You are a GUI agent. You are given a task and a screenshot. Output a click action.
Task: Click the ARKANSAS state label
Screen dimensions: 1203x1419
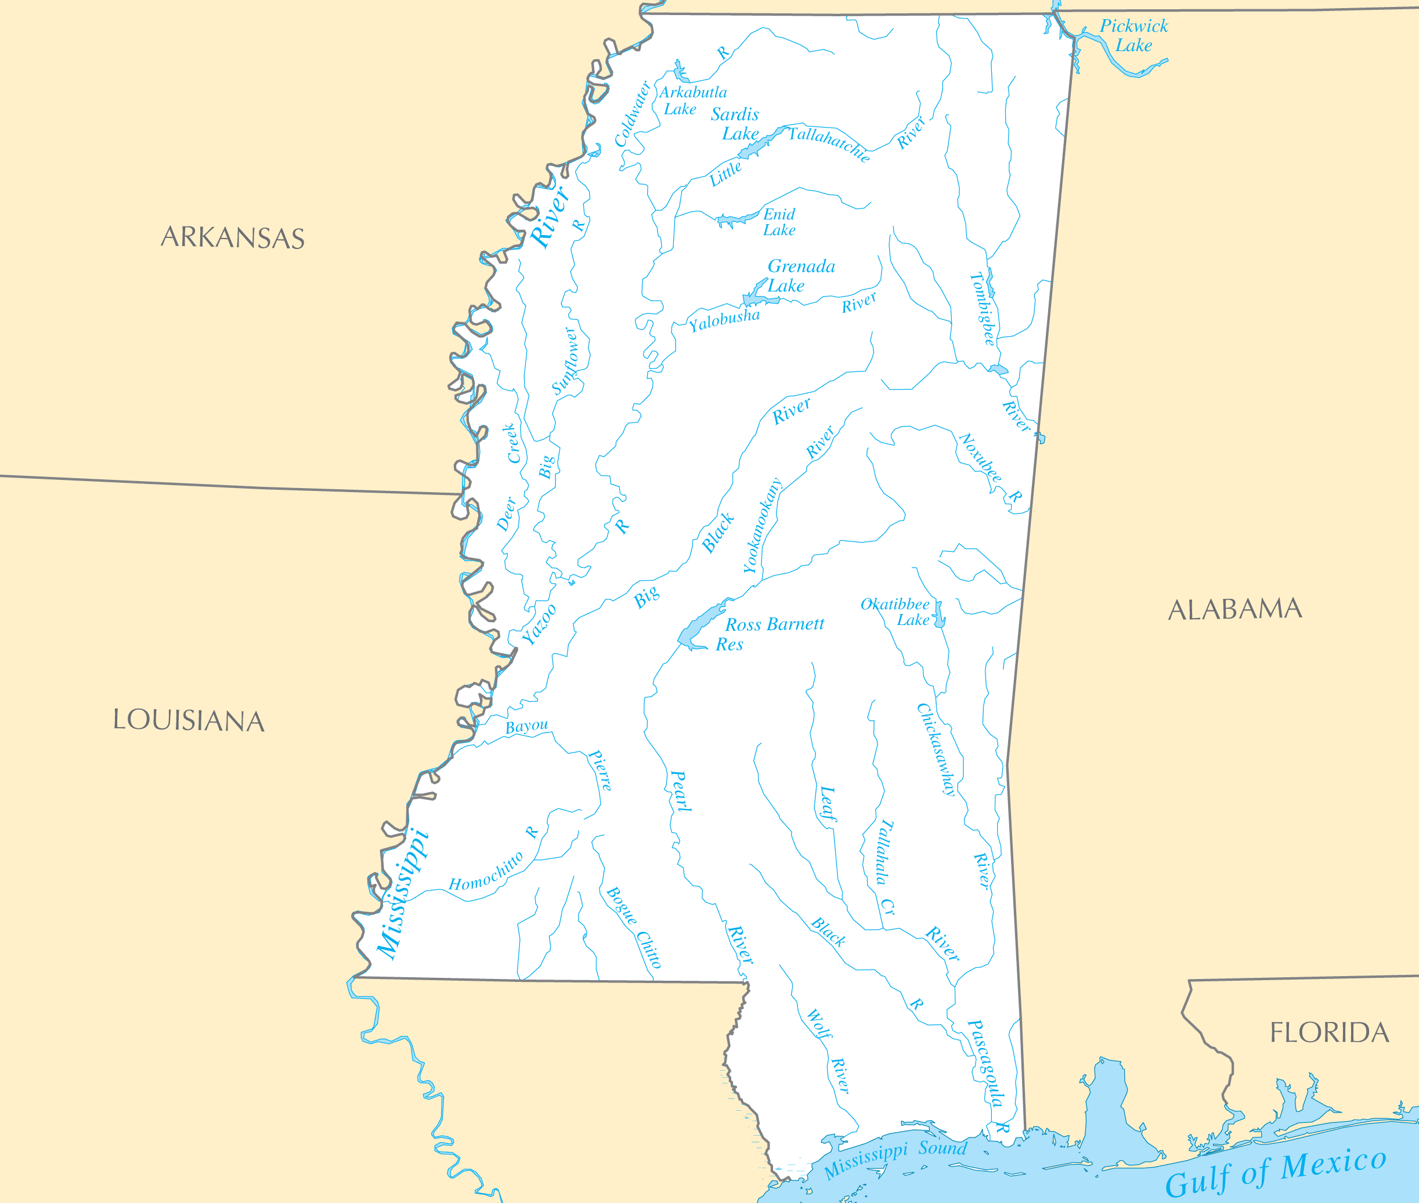(x=233, y=237)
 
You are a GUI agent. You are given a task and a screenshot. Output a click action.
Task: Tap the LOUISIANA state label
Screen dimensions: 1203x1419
(x=189, y=721)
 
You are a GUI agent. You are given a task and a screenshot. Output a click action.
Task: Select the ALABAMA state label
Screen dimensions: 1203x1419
(x=1235, y=609)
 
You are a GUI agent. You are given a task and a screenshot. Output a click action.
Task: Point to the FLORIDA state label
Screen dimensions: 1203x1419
(x=1329, y=1032)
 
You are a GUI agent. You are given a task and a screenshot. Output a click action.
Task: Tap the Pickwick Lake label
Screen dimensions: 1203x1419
(x=1133, y=35)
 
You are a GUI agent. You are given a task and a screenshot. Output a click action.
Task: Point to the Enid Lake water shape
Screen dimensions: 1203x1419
(x=736, y=219)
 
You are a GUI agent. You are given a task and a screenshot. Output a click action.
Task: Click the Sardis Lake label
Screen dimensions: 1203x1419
(x=735, y=124)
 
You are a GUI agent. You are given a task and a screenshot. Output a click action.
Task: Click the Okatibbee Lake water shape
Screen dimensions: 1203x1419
(x=940, y=615)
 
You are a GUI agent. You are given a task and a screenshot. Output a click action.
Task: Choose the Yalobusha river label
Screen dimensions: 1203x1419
(x=724, y=319)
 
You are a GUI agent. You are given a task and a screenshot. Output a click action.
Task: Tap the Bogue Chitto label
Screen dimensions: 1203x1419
(x=633, y=927)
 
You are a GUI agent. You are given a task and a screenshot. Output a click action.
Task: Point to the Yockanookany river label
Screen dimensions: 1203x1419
(x=761, y=526)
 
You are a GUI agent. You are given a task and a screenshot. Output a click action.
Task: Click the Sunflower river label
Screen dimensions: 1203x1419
(x=565, y=361)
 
